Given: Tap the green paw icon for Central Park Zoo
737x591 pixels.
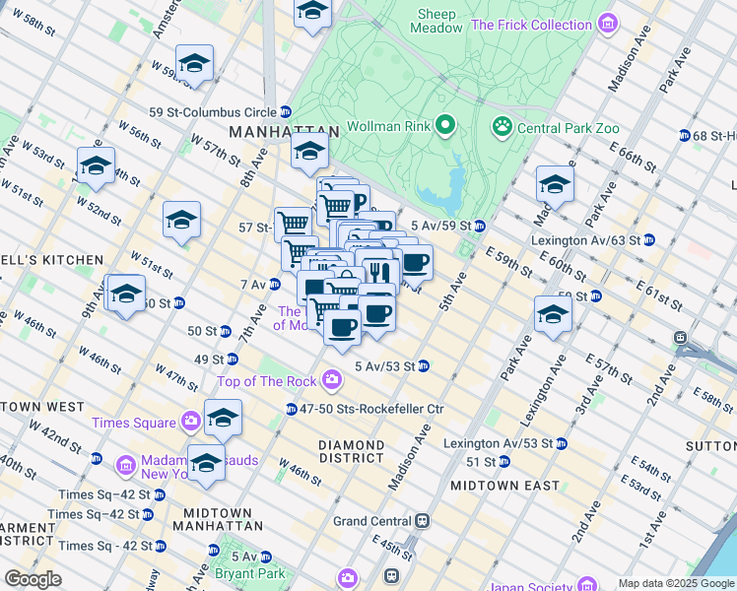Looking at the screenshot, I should click(x=502, y=126).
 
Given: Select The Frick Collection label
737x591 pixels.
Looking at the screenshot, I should click(x=533, y=25).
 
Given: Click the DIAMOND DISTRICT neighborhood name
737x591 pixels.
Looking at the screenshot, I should click(x=352, y=452).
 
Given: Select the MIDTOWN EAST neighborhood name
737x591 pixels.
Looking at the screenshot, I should click(x=504, y=486).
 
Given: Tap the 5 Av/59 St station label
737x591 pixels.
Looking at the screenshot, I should click(x=439, y=226).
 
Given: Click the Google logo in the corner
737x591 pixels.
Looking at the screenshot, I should click(x=33, y=579).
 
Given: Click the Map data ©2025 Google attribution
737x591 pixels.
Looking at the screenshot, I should click(x=675, y=583).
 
